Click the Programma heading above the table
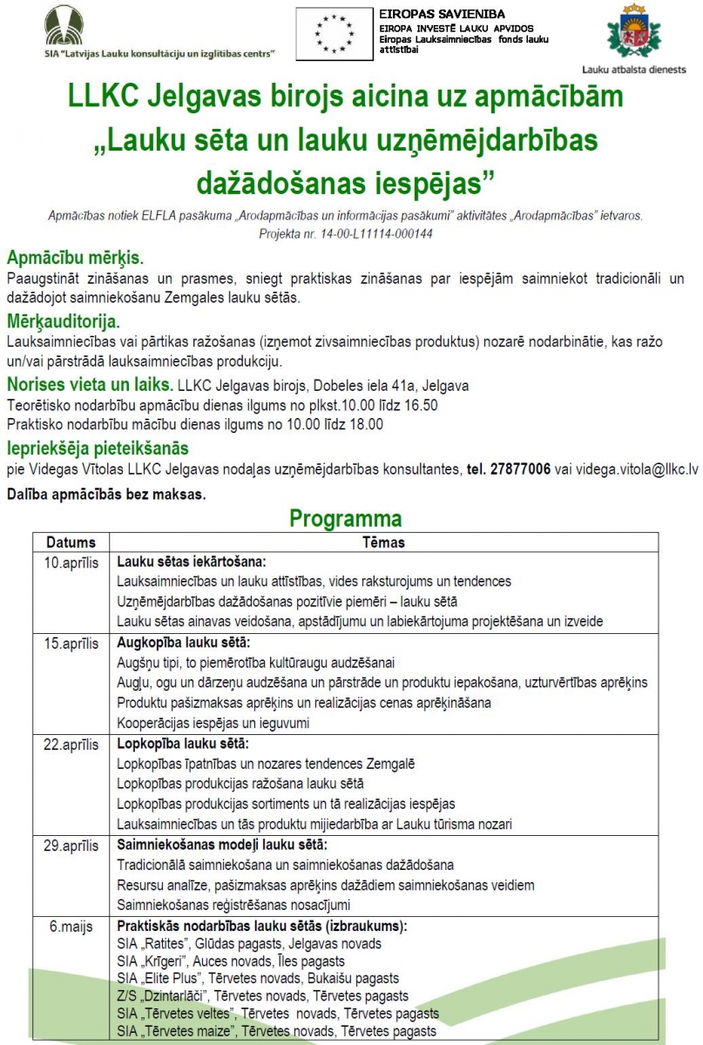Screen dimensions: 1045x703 coord(346,519)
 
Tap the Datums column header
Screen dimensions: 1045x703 coord(71,542)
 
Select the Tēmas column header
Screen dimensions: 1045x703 coord(383,542)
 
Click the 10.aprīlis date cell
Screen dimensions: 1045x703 coord(71,561)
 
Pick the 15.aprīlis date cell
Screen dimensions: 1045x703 coord(71,644)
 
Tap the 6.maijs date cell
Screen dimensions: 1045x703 coord(71,927)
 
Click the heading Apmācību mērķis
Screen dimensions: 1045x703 coord(75,259)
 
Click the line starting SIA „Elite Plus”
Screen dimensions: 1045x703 coord(257,979)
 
